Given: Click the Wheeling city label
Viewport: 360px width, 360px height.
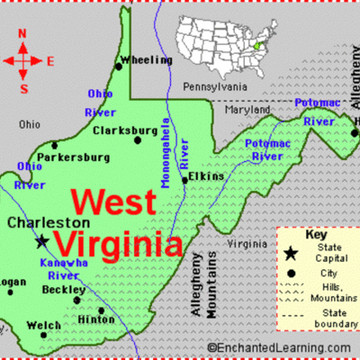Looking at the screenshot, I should [148, 60].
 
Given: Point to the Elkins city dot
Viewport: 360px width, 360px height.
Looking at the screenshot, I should [185, 179].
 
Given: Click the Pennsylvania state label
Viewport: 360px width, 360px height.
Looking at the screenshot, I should [214, 86].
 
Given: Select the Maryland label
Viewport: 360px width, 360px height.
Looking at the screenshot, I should [247, 110].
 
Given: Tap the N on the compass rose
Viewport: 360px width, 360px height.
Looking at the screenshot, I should [23, 37].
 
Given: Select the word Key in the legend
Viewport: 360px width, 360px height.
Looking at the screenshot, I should [315, 234].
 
